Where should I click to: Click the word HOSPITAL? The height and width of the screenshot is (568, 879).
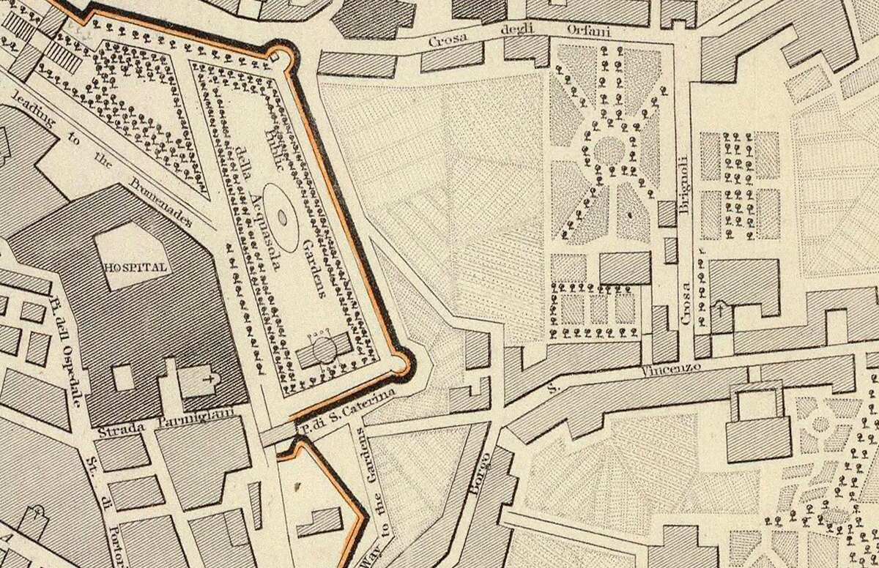(x=136, y=267)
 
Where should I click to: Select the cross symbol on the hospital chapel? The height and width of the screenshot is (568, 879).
(x=212, y=380)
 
